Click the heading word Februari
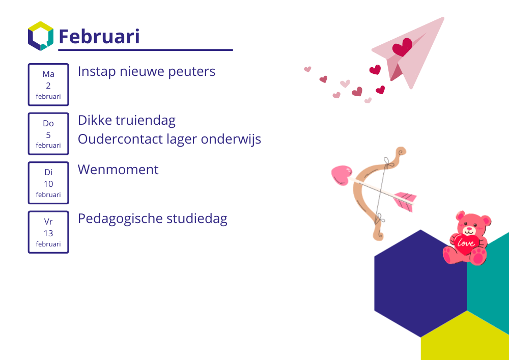click(x=99, y=36)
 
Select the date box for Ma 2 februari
click(x=48, y=85)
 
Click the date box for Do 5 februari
click(x=48, y=134)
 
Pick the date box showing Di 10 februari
click(x=48, y=183)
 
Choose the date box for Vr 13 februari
click(x=48, y=232)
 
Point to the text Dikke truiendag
click(x=127, y=121)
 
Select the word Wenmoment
click(x=118, y=170)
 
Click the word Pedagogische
click(x=120, y=219)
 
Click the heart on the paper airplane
click(x=402, y=47)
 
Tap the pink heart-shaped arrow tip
click(x=341, y=175)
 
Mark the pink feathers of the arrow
click(x=405, y=201)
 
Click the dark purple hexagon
click(x=421, y=284)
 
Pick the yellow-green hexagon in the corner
click(x=465, y=338)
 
